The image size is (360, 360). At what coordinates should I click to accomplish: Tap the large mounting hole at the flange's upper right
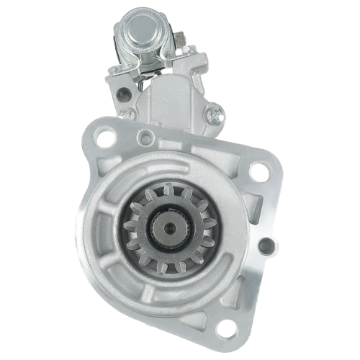(258, 171)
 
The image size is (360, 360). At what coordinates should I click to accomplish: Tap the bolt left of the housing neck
(123, 114)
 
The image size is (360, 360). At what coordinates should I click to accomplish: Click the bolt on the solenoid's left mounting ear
(114, 69)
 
